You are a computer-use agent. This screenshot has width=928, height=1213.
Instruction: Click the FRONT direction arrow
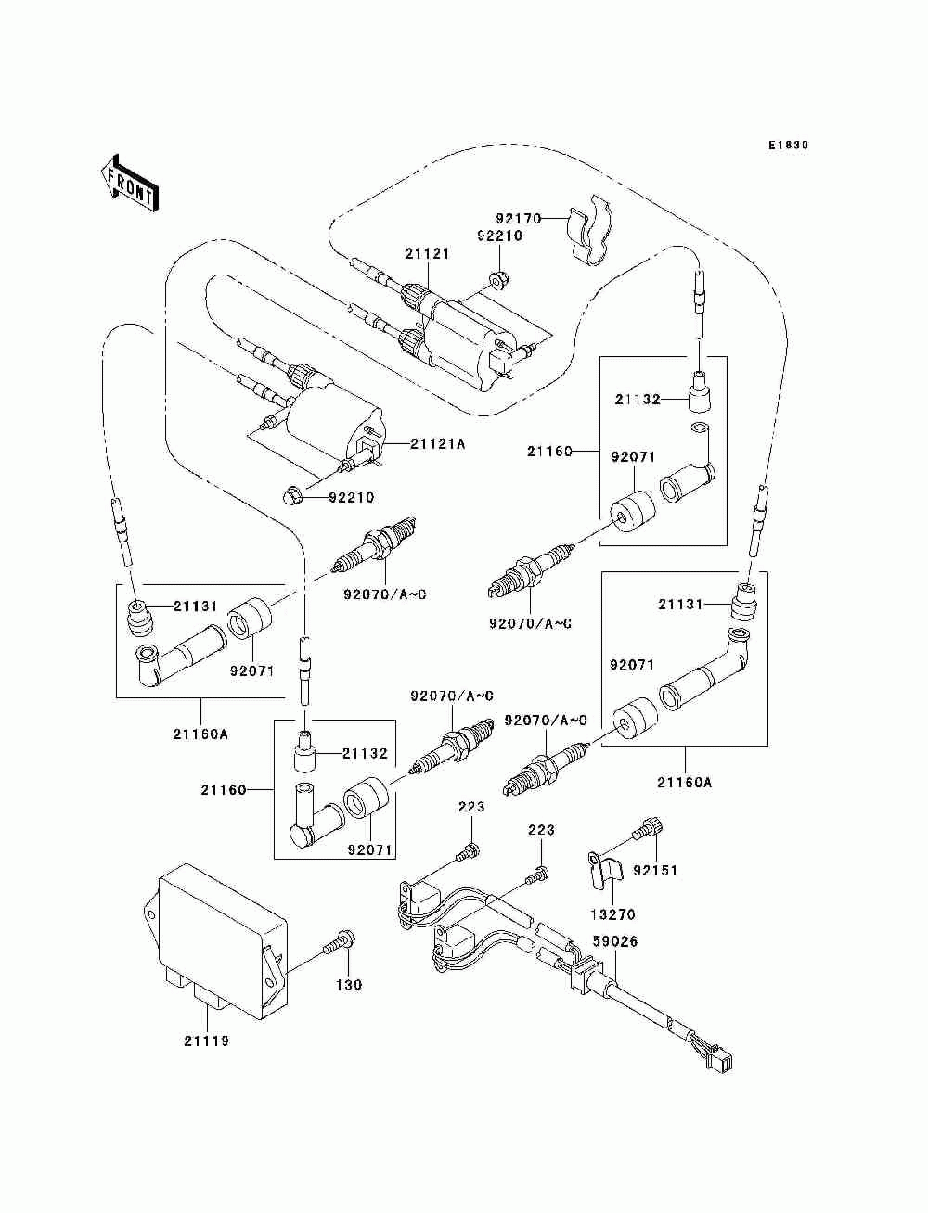tap(130, 183)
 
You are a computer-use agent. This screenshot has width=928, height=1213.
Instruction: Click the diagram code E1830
tap(788, 146)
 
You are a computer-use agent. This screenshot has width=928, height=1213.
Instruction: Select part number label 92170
tap(518, 219)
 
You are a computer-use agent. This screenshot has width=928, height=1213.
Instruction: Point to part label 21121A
tap(437, 444)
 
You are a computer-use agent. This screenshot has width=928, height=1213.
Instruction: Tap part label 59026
tap(615, 941)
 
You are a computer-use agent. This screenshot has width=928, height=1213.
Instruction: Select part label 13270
tap(612, 914)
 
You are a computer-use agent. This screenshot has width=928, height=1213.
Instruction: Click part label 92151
tap(655, 871)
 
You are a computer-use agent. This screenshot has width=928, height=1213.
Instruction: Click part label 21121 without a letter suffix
tap(427, 254)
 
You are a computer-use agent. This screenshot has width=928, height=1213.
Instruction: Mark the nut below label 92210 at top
tap(500, 281)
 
